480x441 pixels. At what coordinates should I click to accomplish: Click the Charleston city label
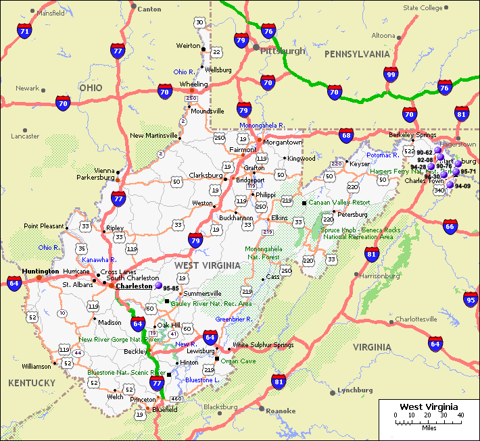[x=135, y=286]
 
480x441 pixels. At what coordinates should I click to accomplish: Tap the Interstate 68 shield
[x=346, y=135]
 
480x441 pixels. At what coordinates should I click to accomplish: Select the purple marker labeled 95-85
[x=158, y=286]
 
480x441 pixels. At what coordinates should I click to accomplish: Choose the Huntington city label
[x=40, y=271]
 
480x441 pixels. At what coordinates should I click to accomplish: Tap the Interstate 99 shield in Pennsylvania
[x=391, y=75]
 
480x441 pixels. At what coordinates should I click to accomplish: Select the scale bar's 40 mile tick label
[x=460, y=415]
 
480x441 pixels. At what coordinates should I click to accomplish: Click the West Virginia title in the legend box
[x=428, y=406]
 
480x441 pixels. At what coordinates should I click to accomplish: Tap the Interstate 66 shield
[x=450, y=228]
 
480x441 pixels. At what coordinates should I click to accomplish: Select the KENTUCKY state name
[x=32, y=383]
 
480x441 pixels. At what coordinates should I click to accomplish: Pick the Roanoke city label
[x=281, y=411]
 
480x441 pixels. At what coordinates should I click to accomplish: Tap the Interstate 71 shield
[x=25, y=30]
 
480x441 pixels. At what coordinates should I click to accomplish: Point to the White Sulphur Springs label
[x=263, y=345]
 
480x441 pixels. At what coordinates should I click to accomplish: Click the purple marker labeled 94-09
[x=450, y=184]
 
